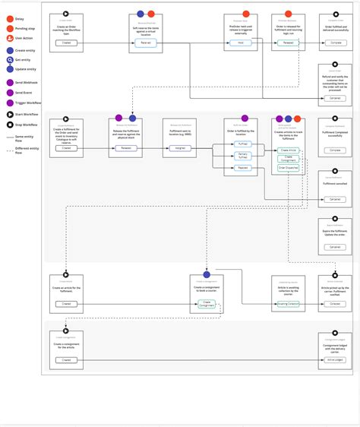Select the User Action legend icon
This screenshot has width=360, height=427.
(8, 36)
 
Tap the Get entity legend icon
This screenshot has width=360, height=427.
(8, 59)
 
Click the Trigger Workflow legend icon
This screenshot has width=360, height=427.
(8, 103)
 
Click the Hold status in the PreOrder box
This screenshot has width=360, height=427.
(240, 43)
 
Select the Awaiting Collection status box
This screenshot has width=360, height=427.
(288, 304)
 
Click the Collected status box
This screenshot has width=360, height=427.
(335, 304)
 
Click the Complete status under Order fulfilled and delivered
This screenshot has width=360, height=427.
(335, 43)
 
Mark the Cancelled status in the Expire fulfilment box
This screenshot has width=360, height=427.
(335, 247)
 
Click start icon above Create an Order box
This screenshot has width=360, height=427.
(66, 14)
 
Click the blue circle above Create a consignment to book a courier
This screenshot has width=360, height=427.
(206, 274)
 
